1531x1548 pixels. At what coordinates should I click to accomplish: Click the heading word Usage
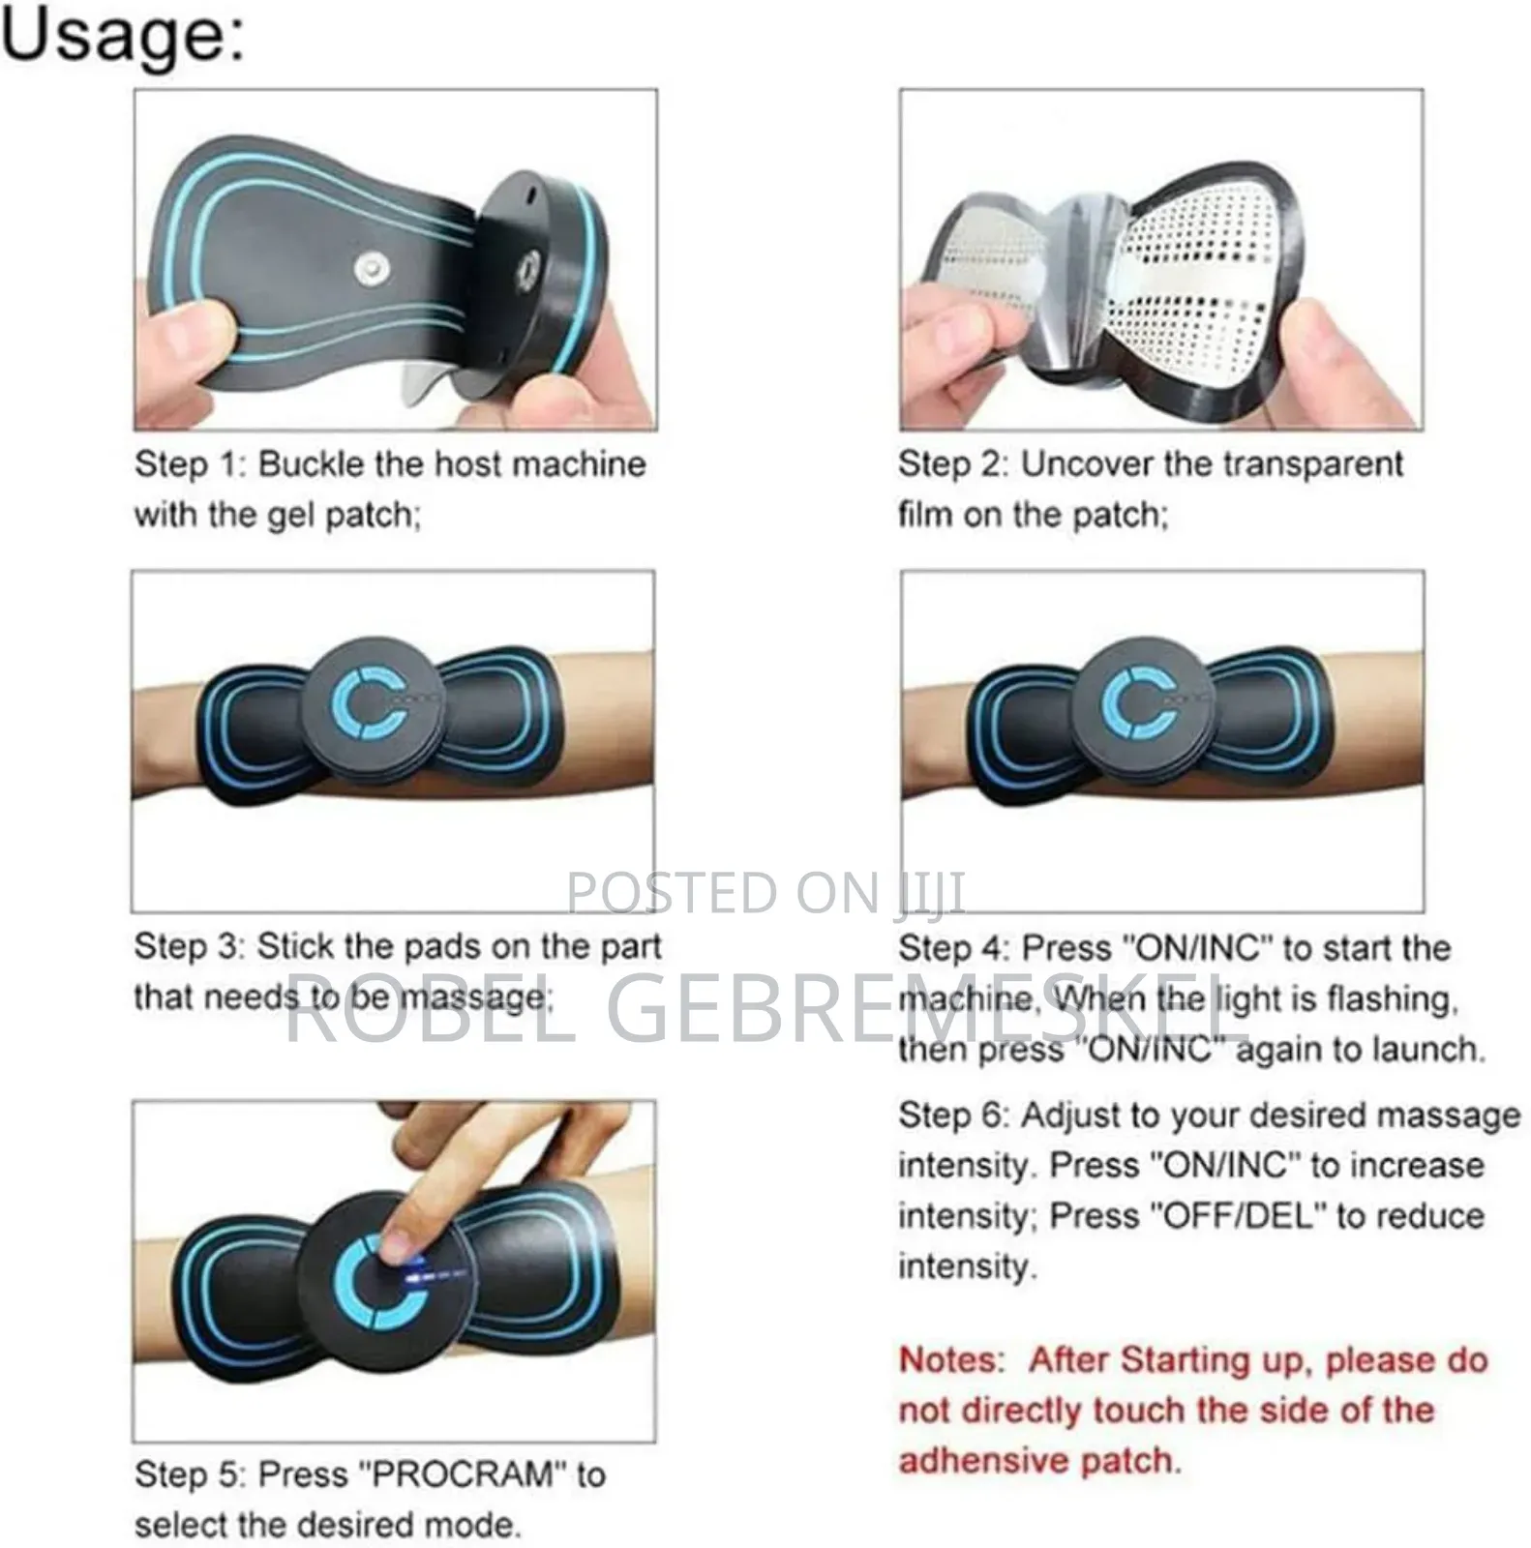[122, 37]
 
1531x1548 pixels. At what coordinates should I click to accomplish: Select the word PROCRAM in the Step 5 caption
[463, 1474]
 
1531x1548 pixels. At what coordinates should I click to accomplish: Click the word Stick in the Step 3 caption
[291, 946]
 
